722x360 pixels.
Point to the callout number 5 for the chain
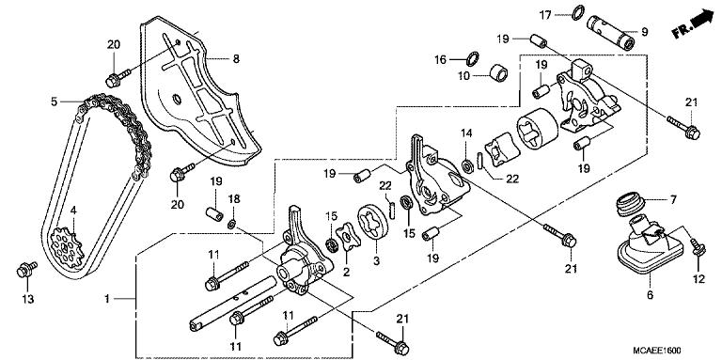click(x=55, y=101)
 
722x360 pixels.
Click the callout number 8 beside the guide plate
click(x=236, y=59)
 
